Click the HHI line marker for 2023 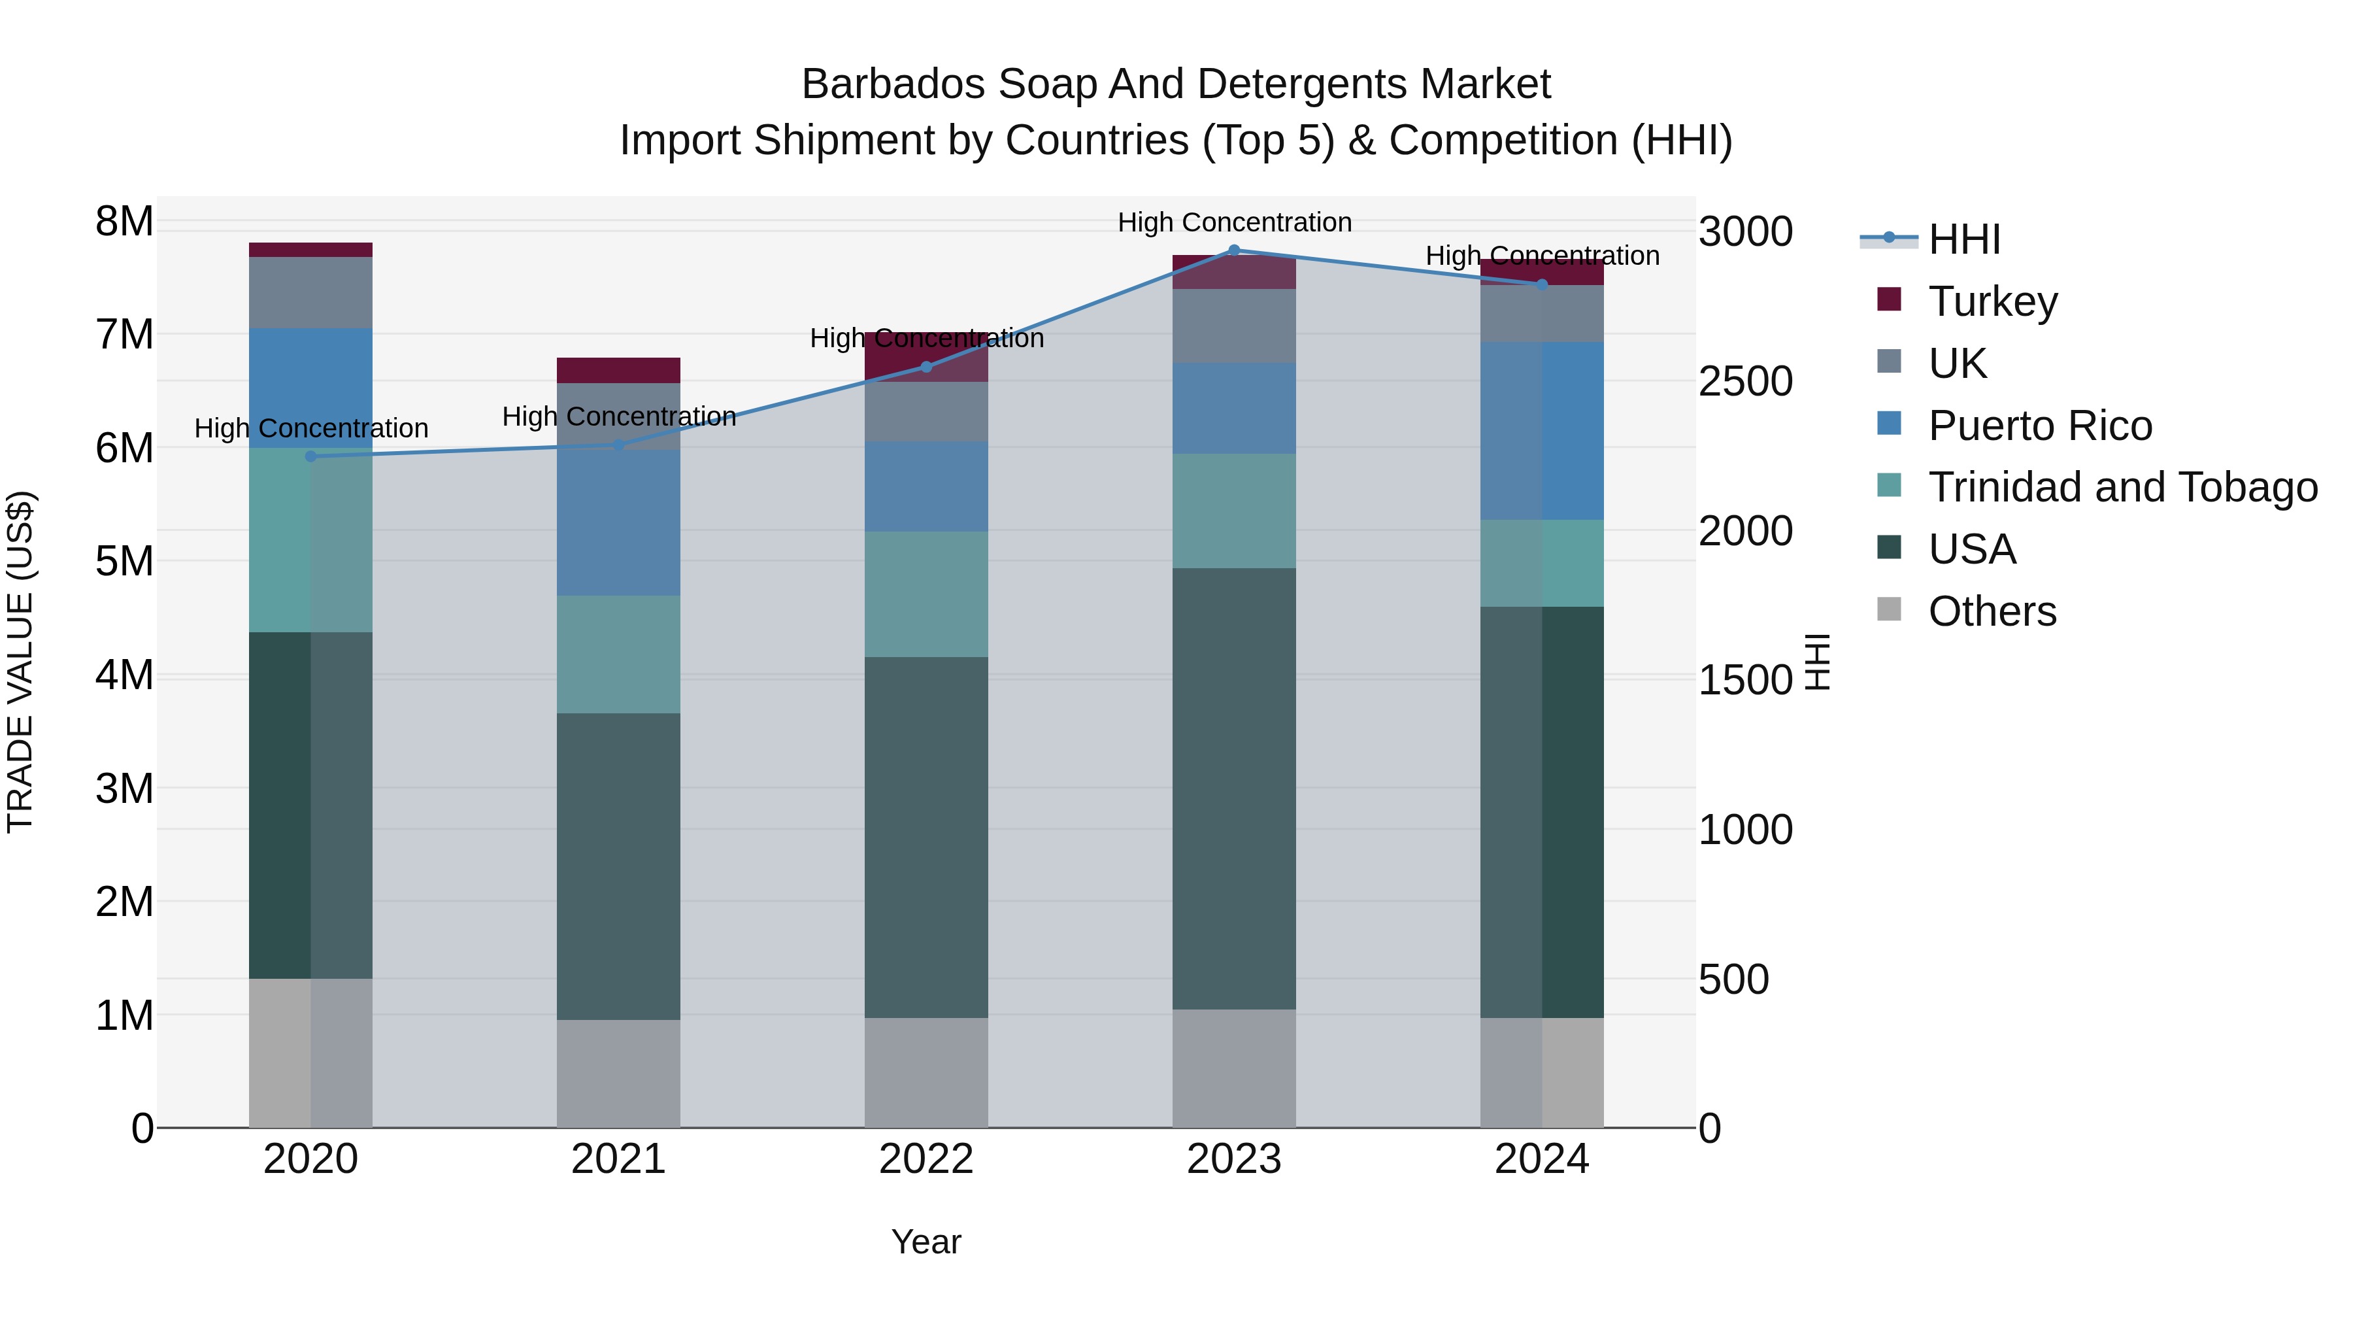point(1234,250)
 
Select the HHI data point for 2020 point(310,456)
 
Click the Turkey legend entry point(1992,301)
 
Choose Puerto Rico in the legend point(2040,426)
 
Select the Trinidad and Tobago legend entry point(2122,487)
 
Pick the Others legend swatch point(1889,609)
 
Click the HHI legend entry point(1964,239)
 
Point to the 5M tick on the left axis point(124,561)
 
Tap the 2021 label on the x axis point(618,1159)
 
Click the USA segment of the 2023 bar point(1234,788)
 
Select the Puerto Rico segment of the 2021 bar point(618,522)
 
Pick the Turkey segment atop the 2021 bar point(618,370)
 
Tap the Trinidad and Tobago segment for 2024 point(1542,563)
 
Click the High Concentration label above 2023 point(1234,222)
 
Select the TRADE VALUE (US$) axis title point(20,662)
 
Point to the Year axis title point(926,1242)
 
